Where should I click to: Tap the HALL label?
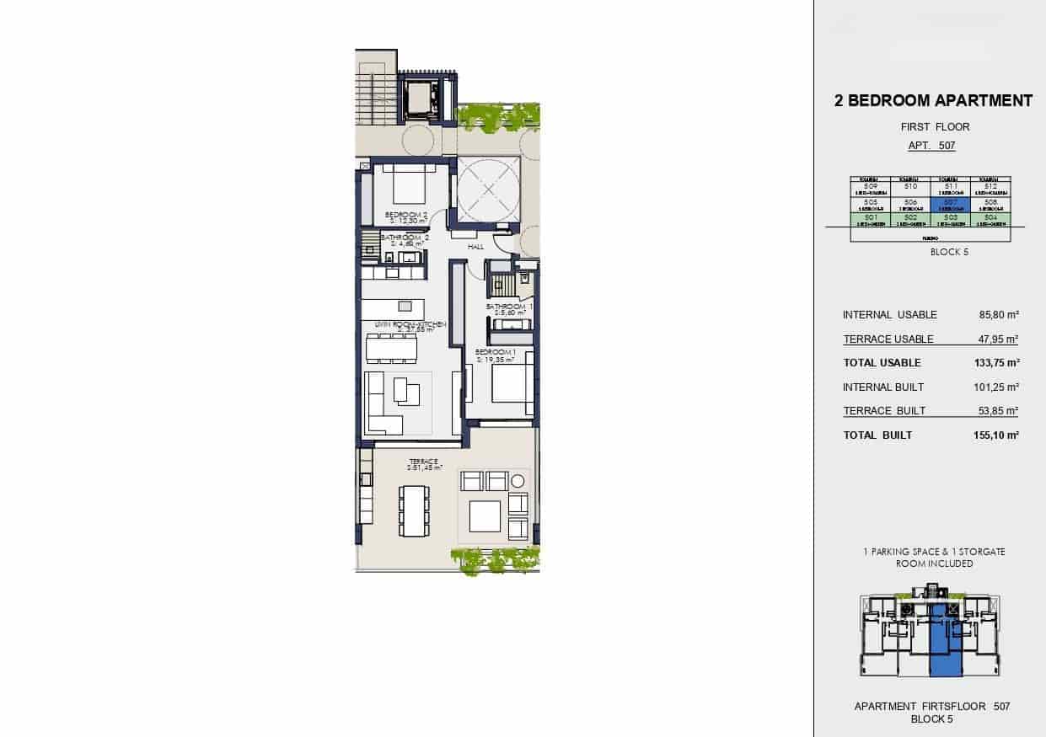475,247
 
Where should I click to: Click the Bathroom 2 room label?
405,238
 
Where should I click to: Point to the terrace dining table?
413,510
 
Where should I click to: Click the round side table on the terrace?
518,481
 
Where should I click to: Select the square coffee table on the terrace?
484,515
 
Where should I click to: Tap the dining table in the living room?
392,346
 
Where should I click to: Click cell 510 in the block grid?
909,188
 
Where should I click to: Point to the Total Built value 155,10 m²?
995,435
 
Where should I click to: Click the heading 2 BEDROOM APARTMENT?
932,101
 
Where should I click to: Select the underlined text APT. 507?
931,146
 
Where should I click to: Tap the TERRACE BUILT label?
884,411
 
